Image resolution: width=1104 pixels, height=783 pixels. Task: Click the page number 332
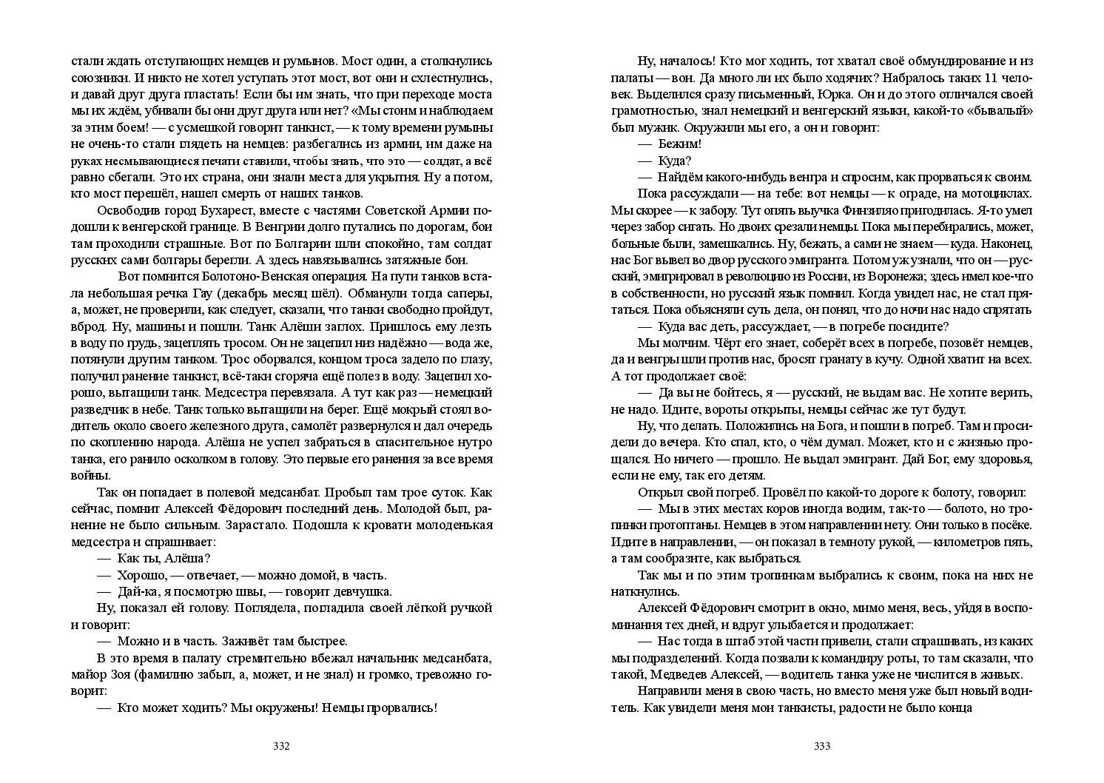coord(281,746)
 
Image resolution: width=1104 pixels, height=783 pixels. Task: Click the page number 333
coord(822,746)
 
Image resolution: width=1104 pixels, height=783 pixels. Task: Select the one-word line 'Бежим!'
coord(679,144)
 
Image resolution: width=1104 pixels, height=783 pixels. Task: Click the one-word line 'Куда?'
coord(674,160)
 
